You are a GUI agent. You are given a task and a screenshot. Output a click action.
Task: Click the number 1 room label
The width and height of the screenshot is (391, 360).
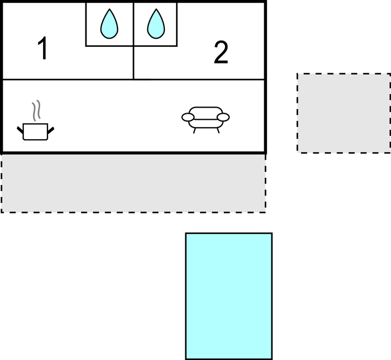(42, 49)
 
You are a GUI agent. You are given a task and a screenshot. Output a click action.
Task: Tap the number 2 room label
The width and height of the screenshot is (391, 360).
(221, 53)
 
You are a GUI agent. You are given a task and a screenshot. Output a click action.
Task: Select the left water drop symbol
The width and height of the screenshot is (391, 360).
(109, 24)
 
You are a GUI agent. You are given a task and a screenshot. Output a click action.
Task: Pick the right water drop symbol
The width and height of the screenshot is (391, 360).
(157, 24)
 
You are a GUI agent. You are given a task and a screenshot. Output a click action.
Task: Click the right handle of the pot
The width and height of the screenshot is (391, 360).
(51, 130)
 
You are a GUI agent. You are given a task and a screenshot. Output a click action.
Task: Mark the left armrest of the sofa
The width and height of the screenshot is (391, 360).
(189, 117)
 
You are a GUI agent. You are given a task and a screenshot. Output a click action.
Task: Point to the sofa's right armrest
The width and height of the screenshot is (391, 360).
(223, 117)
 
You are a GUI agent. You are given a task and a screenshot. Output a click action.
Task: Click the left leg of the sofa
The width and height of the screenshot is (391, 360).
(194, 130)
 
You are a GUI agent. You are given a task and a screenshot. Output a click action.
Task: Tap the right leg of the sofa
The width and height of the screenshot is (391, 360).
(218, 130)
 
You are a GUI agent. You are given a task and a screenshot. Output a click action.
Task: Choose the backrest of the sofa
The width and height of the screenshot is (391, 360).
(206, 110)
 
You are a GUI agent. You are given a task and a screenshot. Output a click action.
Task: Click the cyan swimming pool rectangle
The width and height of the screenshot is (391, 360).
(228, 296)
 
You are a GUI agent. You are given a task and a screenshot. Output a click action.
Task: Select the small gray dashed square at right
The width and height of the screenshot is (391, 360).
(343, 113)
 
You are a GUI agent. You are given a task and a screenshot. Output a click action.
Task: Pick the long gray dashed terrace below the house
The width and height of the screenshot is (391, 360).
(133, 183)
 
